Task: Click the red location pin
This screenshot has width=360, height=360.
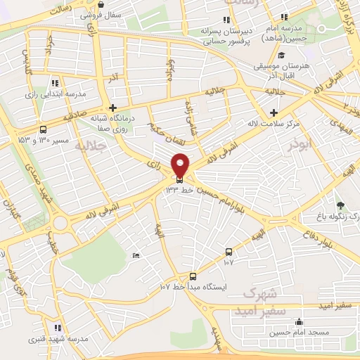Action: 181,165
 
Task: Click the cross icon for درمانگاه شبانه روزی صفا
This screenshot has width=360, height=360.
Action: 112,108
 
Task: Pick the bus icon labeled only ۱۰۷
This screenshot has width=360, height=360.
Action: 229,252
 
